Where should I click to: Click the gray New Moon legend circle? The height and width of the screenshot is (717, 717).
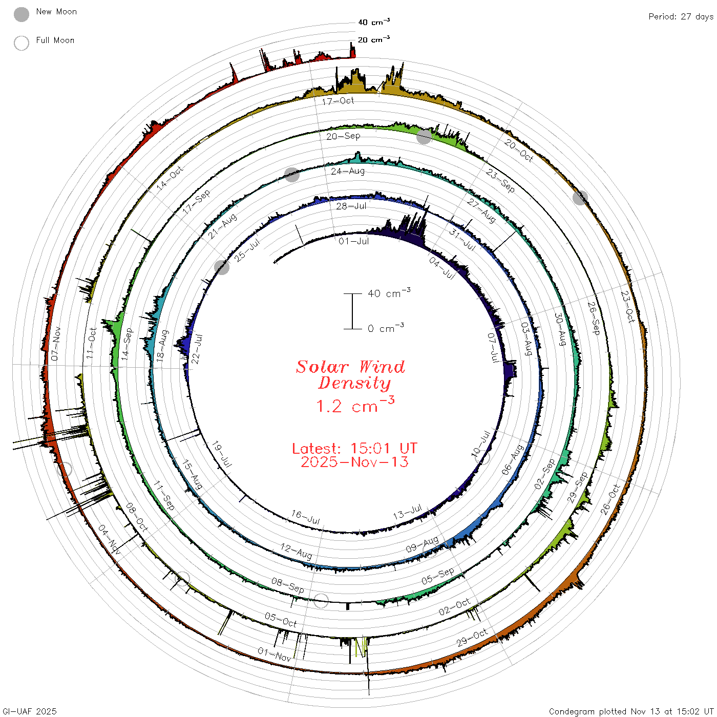click(21, 14)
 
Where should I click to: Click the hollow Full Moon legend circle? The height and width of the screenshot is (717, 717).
click(21, 43)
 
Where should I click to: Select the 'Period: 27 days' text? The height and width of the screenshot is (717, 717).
click(681, 17)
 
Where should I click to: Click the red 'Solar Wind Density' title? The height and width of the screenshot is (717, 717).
click(350, 375)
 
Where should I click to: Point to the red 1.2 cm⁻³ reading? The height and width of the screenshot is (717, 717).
click(355, 405)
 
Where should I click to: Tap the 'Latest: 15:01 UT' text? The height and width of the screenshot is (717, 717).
click(354, 448)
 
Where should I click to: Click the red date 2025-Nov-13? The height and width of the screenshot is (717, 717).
click(354, 462)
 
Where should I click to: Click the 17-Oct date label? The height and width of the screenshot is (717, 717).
click(338, 101)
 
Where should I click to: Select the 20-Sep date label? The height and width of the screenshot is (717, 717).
click(343, 136)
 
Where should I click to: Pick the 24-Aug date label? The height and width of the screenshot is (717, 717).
click(348, 171)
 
